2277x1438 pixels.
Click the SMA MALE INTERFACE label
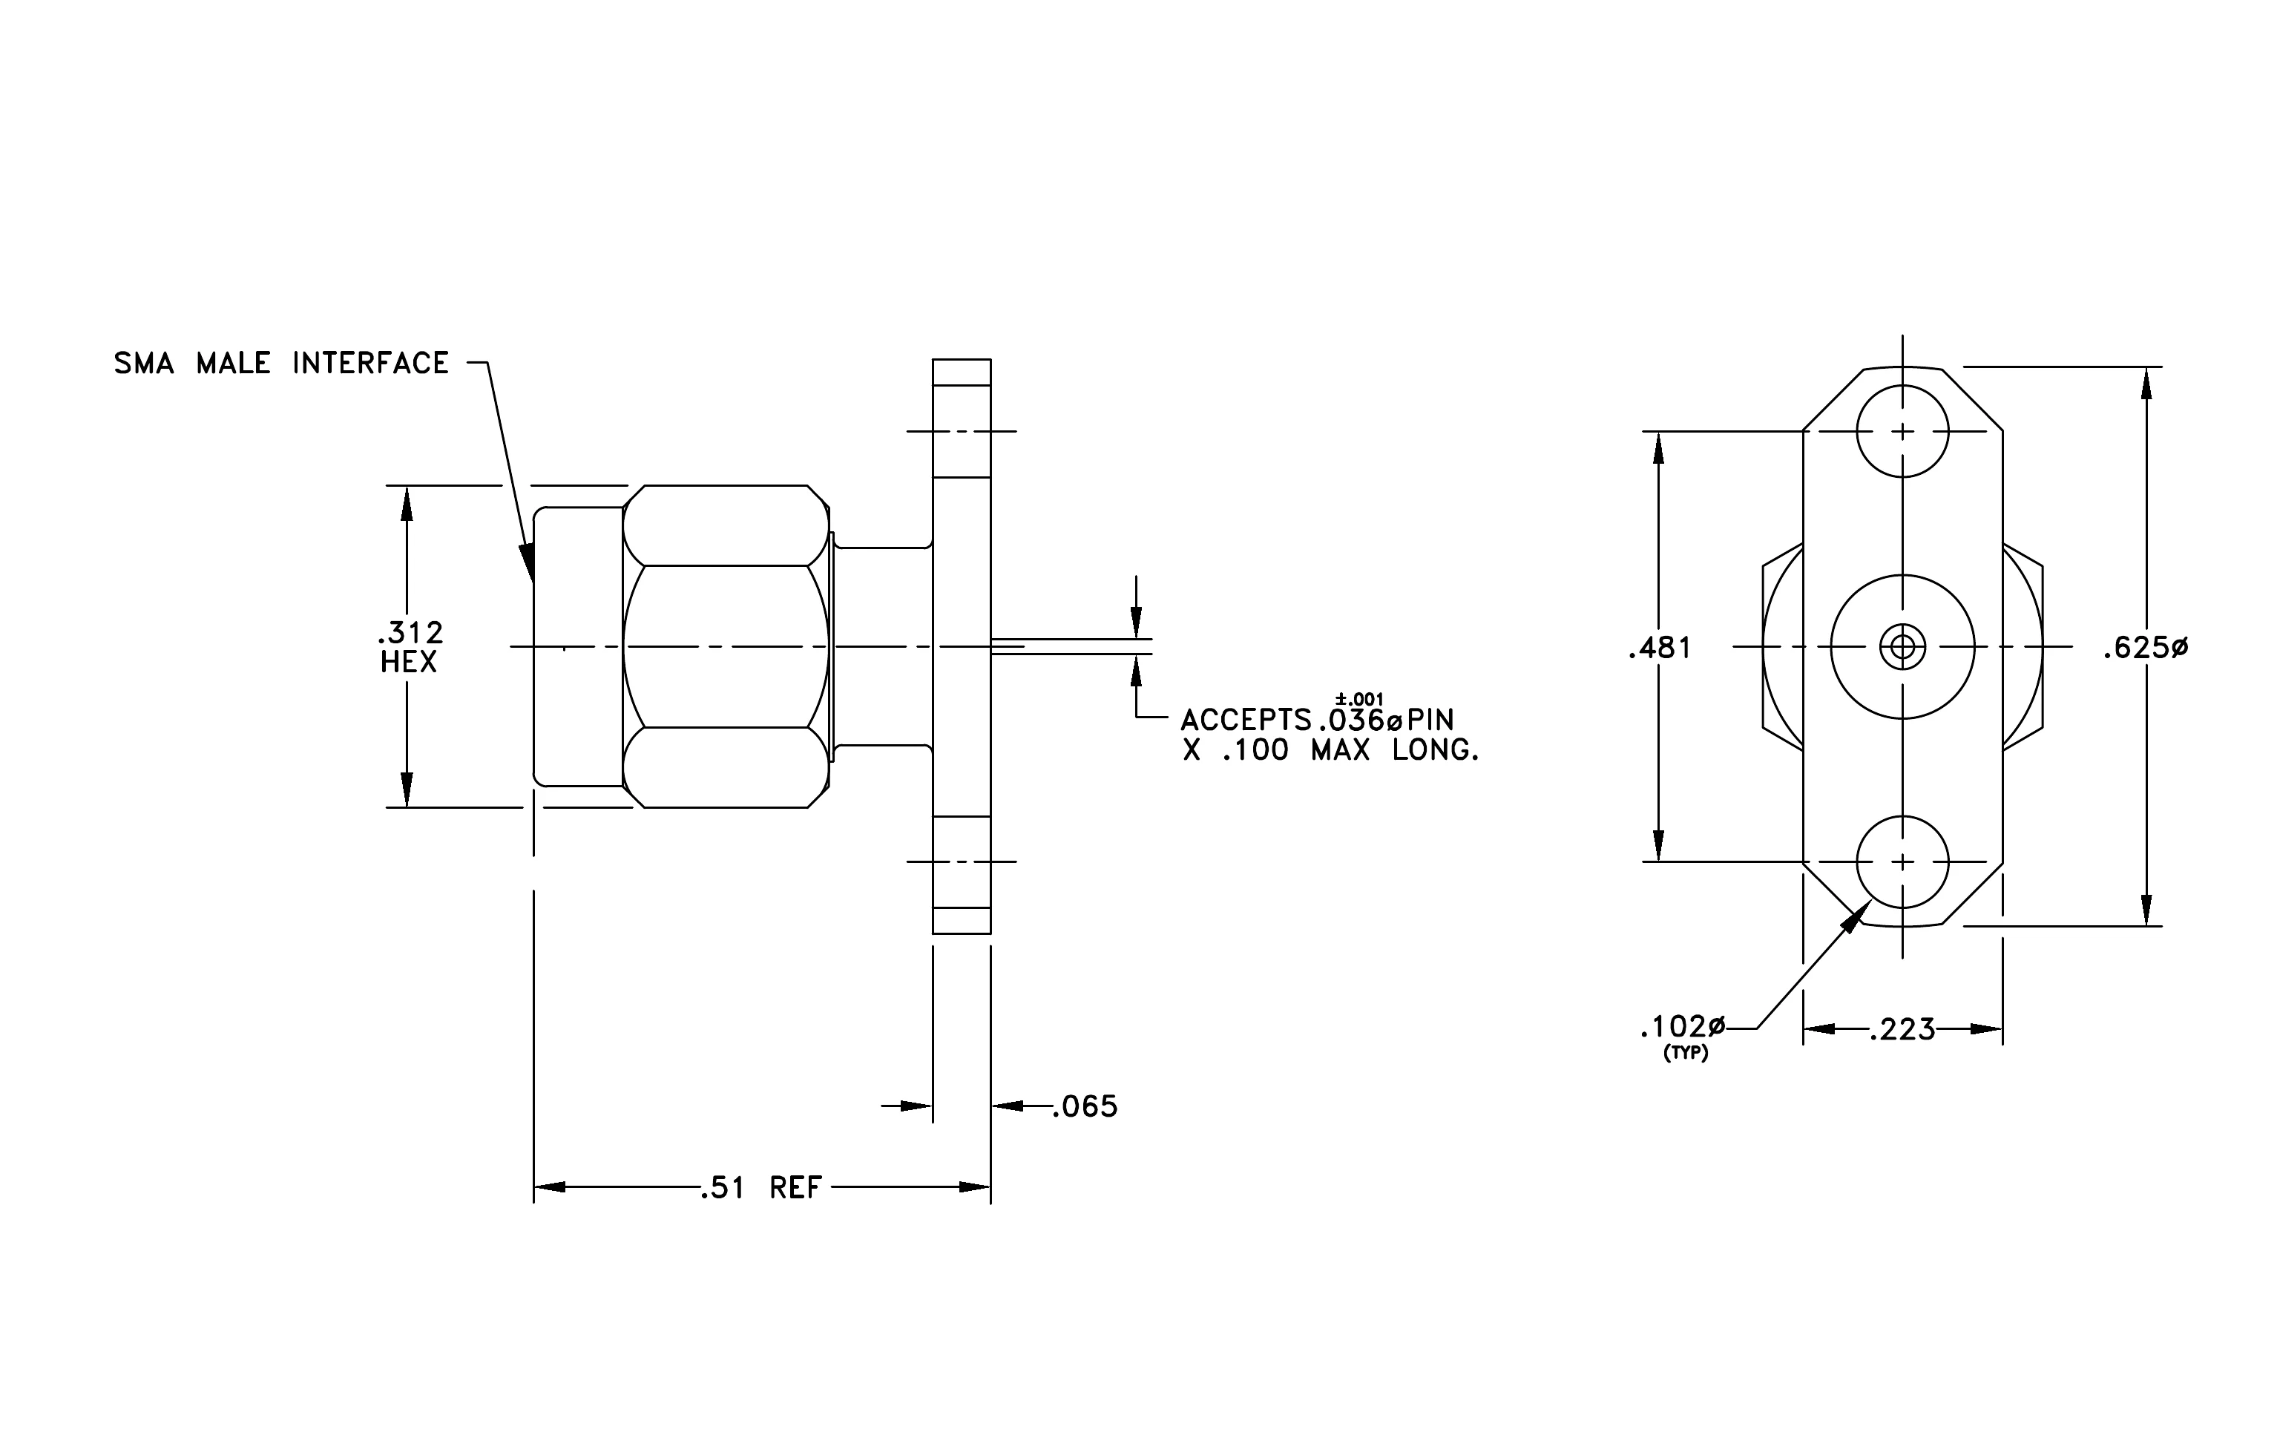point(281,363)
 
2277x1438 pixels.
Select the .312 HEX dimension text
point(410,647)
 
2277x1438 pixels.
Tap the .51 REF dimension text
point(761,1187)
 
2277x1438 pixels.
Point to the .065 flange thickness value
point(1085,1106)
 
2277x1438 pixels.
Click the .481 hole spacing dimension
point(1660,649)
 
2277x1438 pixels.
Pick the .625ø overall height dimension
point(2146,649)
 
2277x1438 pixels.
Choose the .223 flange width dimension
point(1902,1030)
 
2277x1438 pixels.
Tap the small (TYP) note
point(1686,1053)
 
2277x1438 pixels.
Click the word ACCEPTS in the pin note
point(1246,720)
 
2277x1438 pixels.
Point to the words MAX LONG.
point(1395,751)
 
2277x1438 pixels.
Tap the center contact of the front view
point(1902,648)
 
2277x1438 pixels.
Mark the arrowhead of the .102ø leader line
point(1856,915)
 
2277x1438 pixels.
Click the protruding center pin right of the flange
point(1071,647)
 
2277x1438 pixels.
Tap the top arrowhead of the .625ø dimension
point(2146,383)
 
